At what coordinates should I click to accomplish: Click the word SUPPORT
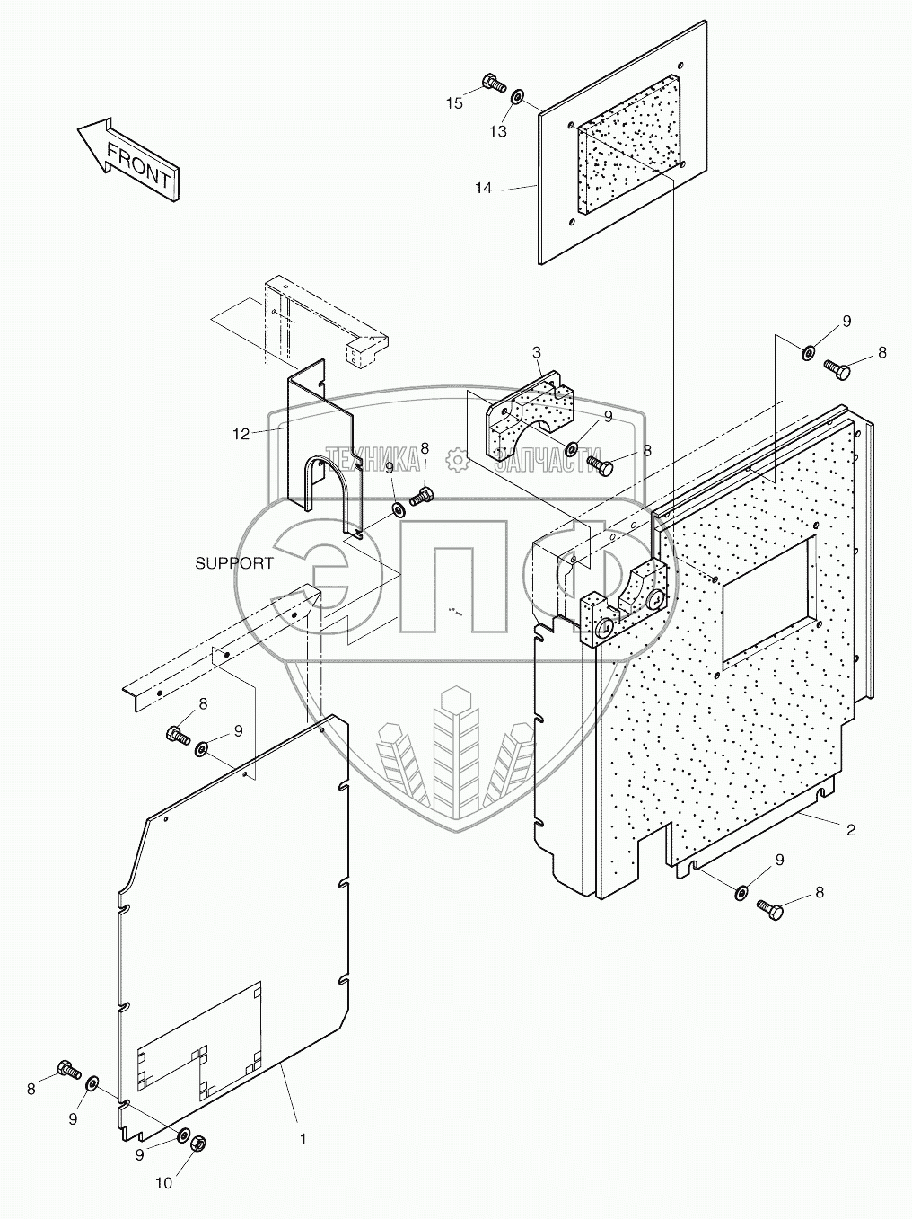[234, 563]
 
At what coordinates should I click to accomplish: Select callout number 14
[484, 189]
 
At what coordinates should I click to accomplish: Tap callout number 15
[455, 103]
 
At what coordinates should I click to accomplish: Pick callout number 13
[498, 131]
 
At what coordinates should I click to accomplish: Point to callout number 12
[241, 435]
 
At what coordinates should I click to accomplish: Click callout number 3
[536, 351]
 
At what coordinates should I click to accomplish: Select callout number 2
[850, 831]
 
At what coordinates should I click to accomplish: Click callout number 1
[303, 1139]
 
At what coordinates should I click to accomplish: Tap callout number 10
[163, 1184]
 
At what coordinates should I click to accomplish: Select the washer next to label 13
[519, 97]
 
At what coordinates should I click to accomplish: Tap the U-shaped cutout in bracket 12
[321, 490]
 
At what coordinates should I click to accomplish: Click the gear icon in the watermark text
[458, 460]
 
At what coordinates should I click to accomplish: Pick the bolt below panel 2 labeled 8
[770, 909]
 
